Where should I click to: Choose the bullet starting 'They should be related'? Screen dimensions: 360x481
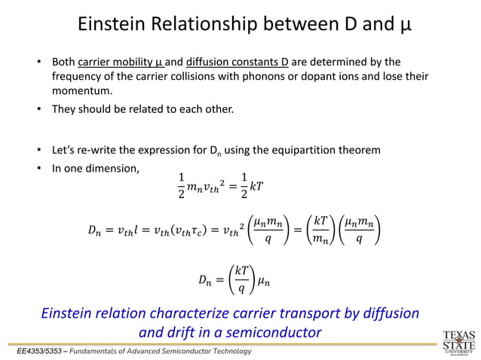point(142,110)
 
